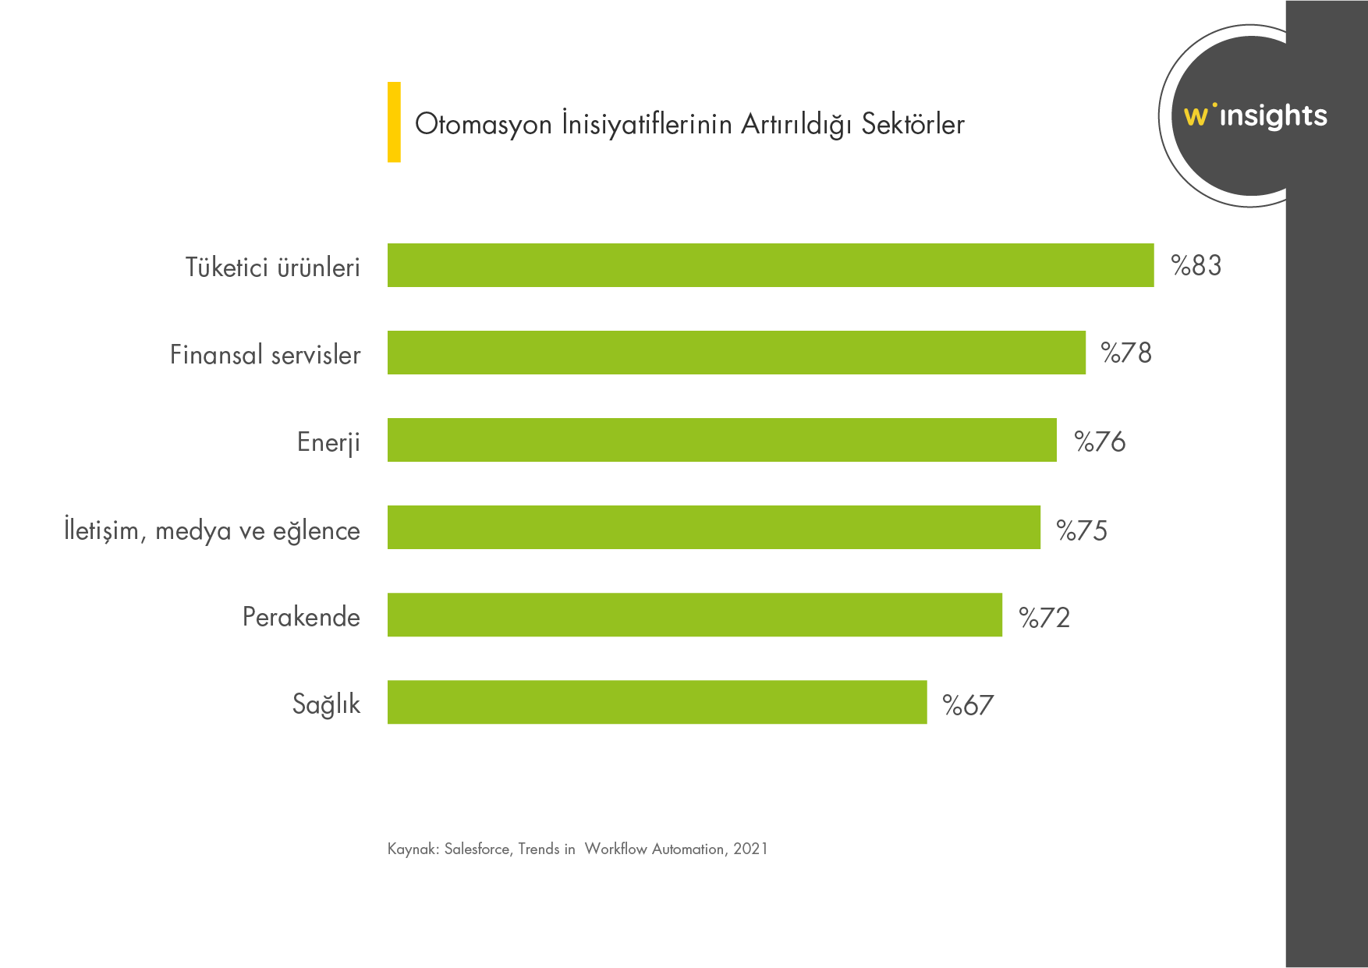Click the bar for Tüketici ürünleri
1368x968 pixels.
pos(771,265)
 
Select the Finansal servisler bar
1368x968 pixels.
pos(736,353)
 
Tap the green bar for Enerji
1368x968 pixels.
pos(722,440)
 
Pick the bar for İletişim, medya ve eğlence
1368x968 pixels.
pos(714,527)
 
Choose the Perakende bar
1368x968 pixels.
pos(695,615)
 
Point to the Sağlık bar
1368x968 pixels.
pos(657,702)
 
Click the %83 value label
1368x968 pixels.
pos(1196,266)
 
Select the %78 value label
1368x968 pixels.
pos(1126,353)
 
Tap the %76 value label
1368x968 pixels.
pos(1100,441)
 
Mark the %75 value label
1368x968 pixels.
pos(1082,530)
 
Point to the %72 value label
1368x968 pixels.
pos(1044,618)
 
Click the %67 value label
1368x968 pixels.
pos(968,705)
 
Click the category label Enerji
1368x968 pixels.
pos(328,442)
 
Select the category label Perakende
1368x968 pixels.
pos(301,617)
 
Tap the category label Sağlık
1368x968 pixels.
pos(326,704)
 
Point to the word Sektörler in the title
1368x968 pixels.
pos(913,124)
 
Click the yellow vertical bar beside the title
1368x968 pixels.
pos(394,122)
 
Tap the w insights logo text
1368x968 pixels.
pos(1255,115)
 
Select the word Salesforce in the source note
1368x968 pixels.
pos(477,849)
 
